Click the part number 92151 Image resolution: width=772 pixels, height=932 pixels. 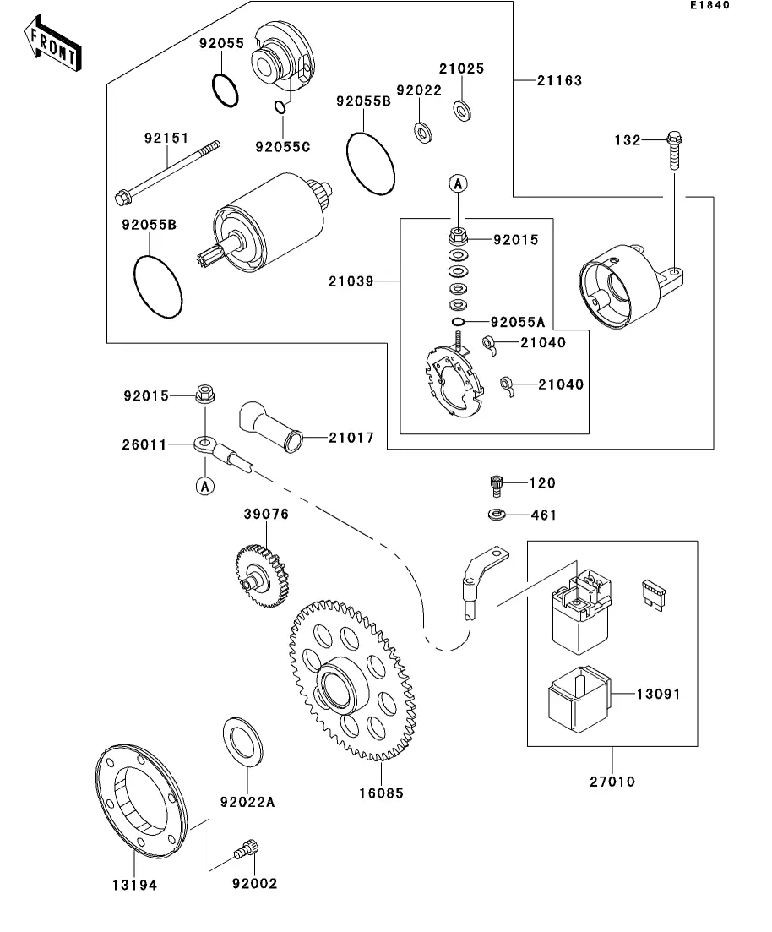(x=166, y=138)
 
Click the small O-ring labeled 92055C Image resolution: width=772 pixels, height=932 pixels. (x=282, y=107)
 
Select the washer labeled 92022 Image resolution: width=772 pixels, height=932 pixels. (x=420, y=131)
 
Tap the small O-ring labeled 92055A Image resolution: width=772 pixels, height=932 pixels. (x=457, y=322)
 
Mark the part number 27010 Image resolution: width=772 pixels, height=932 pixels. (x=612, y=782)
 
